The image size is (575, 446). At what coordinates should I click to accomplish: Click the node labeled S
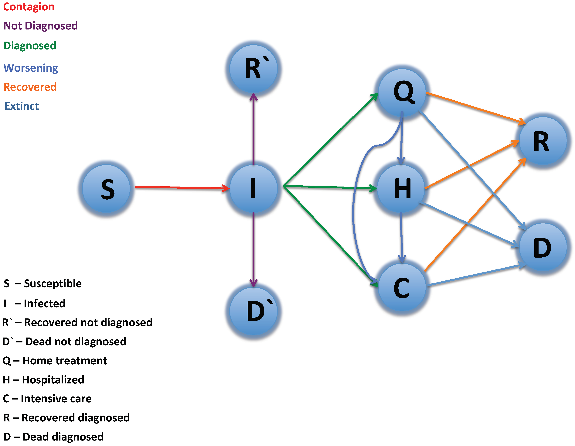tap(106, 189)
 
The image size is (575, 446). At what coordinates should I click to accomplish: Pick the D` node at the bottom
tap(253, 311)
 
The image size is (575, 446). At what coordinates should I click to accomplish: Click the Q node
tap(402, 92)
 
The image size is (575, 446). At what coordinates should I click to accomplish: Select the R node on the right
tap(543, 141)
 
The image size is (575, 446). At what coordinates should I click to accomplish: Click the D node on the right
tap(543, 247)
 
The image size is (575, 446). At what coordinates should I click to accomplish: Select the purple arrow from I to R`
tap(253, 129)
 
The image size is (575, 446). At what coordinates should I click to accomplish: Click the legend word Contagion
tap(29, 7)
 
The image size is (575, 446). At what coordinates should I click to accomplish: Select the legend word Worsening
tap(31, 68)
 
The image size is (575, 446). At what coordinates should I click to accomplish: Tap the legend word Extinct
tap(22, 106)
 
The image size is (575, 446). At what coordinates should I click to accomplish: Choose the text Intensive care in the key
tap(56, 399)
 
